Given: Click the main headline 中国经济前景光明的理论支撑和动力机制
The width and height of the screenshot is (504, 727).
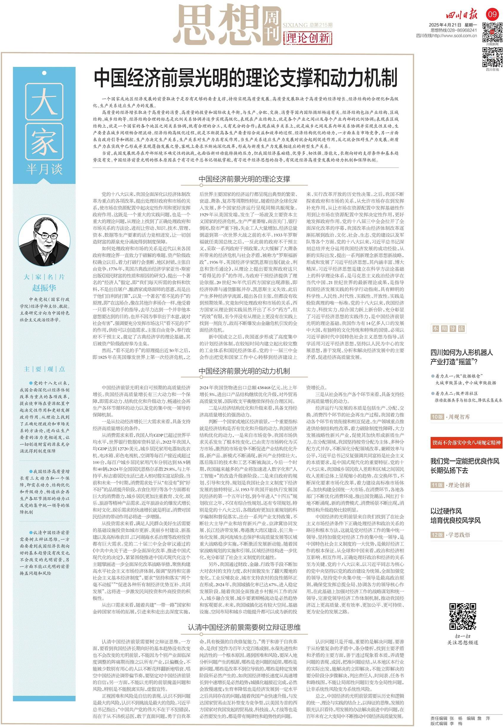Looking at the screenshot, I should pyautogui.click(x=245, y=78).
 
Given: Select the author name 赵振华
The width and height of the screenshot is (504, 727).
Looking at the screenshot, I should pyautogui.click(x=44, y=287).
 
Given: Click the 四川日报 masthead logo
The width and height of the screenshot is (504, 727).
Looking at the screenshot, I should pyautogui.click(x=461, y=15).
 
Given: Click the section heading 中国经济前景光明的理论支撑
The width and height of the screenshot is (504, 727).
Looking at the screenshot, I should pyautogui.click(x=244, y=179).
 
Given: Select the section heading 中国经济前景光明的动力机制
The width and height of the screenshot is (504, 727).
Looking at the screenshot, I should pyautogui.click(x=244, y=371).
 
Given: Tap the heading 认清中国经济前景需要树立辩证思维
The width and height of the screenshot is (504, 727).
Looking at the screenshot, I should pyautogui.click(x=244, y=627).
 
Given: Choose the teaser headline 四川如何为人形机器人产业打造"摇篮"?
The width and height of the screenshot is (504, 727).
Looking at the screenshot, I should pyautogui.click(x=461, y=357).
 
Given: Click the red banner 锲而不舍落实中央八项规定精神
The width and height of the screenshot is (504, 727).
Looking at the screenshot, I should pyautogui.click(x=466, y=443).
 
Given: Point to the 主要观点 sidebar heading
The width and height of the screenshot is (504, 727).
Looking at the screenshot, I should pyautogui.click(x=44, y=369).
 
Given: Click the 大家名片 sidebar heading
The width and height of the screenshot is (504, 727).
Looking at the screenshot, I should pyautogui.click(x=44, y=277).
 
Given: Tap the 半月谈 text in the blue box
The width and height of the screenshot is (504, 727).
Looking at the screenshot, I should pyautogui.click(x=44, y=169).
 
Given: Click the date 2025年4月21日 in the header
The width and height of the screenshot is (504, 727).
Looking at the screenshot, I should pyautogui.click(x=445, y=25).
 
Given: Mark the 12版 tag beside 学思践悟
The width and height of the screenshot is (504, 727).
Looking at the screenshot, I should pyautogui.click(x=437, y=534).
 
